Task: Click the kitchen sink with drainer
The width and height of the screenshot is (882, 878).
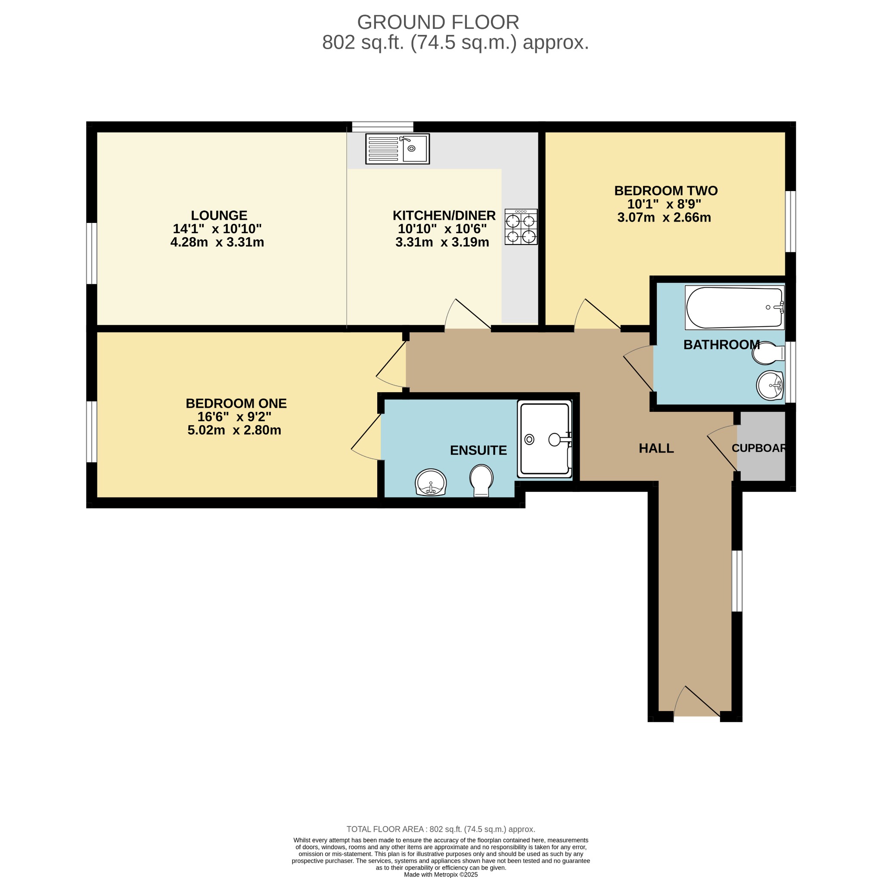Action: (x=397, y=149)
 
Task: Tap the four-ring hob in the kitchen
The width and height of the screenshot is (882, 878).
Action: (x=521, y=227)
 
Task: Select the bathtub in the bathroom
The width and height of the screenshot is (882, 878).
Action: (x=734, y=308)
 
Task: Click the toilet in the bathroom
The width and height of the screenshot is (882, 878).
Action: (x=768, y=353)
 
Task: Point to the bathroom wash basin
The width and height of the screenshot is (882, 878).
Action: (x=770, y=385)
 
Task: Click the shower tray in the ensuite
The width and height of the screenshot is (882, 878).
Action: (x=544, y=439)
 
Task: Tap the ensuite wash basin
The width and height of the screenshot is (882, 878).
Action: (x=431, y=482)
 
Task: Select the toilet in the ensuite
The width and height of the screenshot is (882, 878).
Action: (x=481, y=480)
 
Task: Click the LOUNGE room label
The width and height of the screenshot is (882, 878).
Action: (x=219, y=215)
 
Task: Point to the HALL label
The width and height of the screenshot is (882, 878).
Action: (x=656, y=448)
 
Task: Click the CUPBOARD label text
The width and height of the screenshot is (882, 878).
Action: (x=759, y=448)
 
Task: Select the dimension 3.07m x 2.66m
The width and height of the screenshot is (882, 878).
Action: (x=664, y=218)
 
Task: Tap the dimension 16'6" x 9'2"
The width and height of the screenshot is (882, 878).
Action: (x=234, y=417)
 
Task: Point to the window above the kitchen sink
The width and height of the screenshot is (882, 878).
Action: (x=382, y=127)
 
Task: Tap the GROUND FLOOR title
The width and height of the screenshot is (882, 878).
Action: (x=438, y=22)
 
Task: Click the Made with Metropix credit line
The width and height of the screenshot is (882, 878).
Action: (x=441, y=875)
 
